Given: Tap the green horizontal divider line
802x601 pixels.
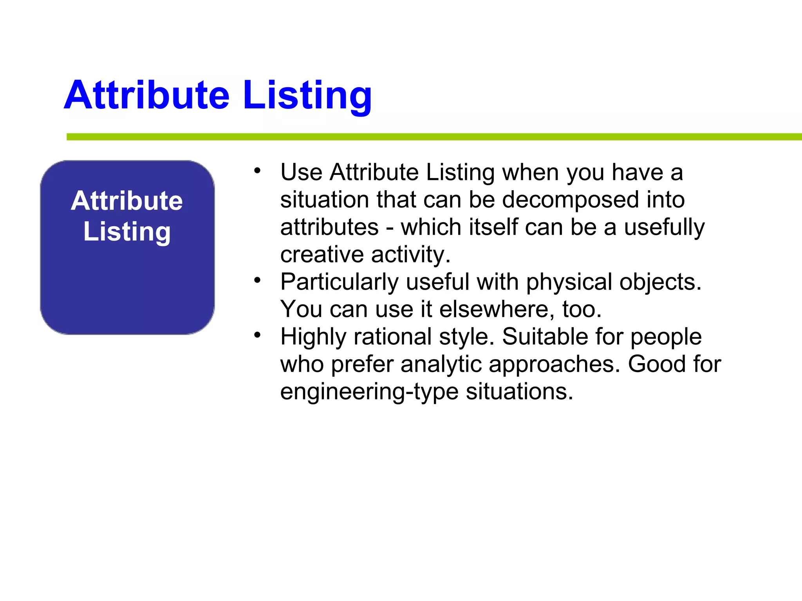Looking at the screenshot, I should [x=431, y=137].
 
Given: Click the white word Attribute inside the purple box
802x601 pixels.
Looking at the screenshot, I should [x=127, y=201].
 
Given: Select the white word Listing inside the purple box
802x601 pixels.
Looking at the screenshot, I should [x=127, y=232].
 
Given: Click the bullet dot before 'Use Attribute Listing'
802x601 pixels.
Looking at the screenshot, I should [x=257, y=171].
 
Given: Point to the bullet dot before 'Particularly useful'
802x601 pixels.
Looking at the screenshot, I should [x=257, y=280].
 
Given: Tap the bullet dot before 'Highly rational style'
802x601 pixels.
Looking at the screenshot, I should [x=257, y=335].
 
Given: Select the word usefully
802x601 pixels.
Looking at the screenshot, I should [x=664, y=227].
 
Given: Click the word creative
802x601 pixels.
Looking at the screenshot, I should [x=322, y=254].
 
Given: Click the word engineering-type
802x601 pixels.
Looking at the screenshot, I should [x=369, y=392].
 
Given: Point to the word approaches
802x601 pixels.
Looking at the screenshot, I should [x=554, y=364].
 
